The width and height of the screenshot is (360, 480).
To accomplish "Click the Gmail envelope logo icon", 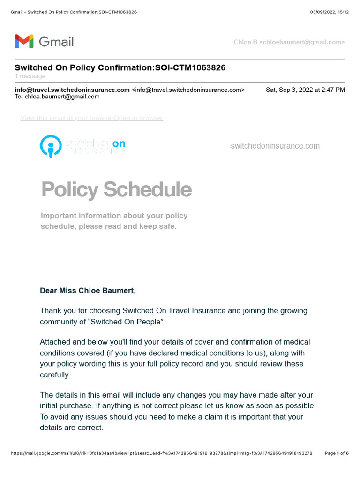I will pyautogui.click(x=23, y=42).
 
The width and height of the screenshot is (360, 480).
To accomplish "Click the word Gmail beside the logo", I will pyautogui.click(x=56, y=42).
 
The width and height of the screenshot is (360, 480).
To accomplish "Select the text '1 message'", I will pyautogui.click(x=30, y=76).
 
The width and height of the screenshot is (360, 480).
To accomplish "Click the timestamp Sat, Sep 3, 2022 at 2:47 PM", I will pyautogui.click(x=305, y=90).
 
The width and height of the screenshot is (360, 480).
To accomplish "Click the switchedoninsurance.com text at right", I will pyautogui.click(x=275, y=146).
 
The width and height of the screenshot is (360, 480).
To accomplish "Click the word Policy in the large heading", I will pyautogui.click(x=70, y=189).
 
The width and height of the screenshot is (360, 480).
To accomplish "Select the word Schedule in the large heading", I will pyautogui.click(x=147, y=189).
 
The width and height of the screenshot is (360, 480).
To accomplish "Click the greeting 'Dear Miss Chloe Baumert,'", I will pyautogui.click(x=88, y=291).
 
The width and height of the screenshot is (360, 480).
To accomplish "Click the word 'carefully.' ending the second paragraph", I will pyautogui.click(x=55, y=375).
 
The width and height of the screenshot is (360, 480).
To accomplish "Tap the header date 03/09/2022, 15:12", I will pyautogui.click(x=330, y=12).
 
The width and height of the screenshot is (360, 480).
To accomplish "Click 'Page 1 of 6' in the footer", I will pyautogui.click(x=337, y=453).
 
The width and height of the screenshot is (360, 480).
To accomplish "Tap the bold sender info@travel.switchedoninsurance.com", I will pyautogui.click(x=72, y=90).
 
